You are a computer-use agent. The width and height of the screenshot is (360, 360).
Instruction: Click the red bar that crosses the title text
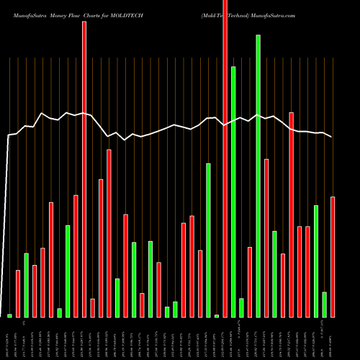click(225, 158)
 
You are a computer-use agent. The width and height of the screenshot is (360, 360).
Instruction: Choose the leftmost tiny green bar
click(10, 315)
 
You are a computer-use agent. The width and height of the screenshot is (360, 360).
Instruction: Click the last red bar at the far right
click(333, 256)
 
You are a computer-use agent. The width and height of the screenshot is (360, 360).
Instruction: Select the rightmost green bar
click(325, 305)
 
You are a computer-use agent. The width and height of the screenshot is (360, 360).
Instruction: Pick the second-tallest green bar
click(233, 192)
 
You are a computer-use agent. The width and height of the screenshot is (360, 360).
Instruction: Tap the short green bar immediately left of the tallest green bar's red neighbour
click(241, 307)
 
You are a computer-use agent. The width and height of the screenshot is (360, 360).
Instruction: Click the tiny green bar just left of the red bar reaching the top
click(217, 315)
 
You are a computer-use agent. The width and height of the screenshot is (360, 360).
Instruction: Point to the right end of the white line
click(332, 137)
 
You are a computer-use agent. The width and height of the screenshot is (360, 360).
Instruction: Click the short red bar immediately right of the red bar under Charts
click(93, 307)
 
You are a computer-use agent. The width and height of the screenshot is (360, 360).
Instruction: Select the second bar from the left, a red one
click(18, 293)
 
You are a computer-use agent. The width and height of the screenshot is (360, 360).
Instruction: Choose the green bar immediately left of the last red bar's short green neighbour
click(316, 261)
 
